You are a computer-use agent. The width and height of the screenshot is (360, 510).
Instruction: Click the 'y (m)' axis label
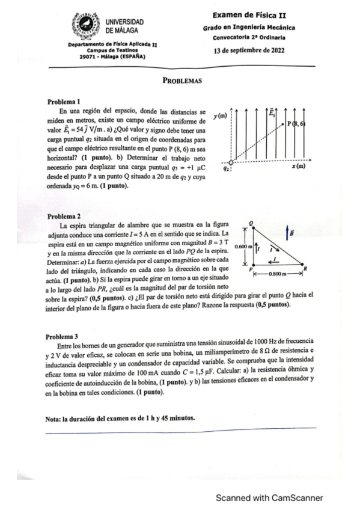220,114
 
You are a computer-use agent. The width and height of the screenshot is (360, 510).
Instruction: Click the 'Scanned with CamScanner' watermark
270,497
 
